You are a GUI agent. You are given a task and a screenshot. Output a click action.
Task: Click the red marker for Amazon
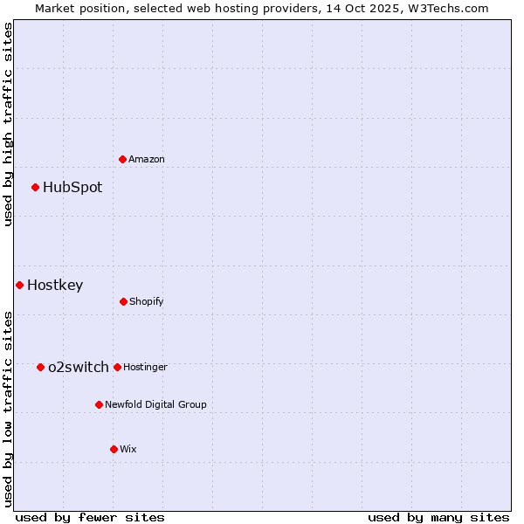(x=122, y=159)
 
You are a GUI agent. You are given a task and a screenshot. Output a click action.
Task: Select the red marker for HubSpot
(x=35, y=187)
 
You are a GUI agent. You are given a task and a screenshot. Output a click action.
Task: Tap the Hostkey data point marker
(x=19, y=285)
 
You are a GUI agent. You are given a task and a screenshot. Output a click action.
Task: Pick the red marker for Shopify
(x=123, y=301)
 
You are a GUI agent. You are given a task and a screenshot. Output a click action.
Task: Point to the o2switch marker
(x=40, y=367)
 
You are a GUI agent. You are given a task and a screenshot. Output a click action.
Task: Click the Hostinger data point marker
(x=117, y=367)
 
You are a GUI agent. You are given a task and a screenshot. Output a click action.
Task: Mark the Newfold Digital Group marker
(x=99, y=404)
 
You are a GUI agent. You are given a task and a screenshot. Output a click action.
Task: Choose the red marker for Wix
(x=114, y=449)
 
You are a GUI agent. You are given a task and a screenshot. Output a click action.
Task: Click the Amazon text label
(x=147, y=159)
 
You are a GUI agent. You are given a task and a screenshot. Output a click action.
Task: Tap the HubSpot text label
(x=72, y=187)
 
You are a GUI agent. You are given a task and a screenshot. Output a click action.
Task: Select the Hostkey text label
(x=55, y=285)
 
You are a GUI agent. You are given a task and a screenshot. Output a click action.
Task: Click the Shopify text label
(x=147, y=301)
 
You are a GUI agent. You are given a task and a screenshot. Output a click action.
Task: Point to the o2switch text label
(x=79, y=367)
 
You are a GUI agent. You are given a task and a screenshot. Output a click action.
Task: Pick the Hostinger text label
(x=145, y=367)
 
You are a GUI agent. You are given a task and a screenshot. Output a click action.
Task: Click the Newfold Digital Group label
(x=155, y=404)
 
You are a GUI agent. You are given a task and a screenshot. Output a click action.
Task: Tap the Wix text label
(x=128, y=449)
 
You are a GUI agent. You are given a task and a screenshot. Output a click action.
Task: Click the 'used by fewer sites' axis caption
(x=89, y=517)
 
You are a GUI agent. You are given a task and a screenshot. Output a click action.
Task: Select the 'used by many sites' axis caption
(x=438, y=517)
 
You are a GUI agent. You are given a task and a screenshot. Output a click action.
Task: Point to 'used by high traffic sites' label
(x=8, y=124)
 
